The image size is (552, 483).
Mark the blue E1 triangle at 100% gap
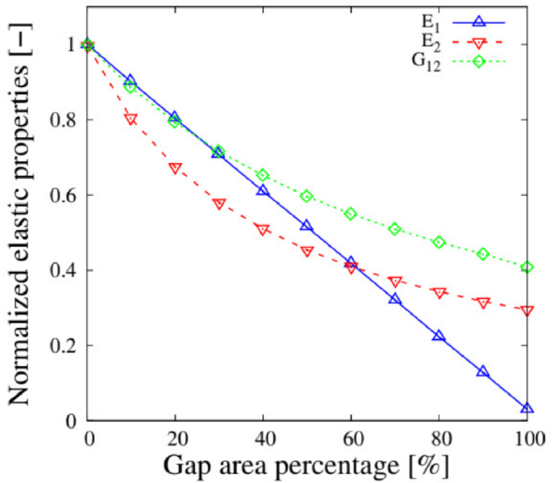coord(527,409)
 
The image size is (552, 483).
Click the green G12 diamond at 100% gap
coord(527,267)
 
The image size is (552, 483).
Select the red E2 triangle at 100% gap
coord(527,310)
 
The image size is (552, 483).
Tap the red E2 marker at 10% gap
coord(131,119)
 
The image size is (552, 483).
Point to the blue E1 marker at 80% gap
coord(439,335)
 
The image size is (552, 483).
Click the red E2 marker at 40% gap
coord(263,230)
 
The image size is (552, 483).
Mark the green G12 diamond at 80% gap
coord(439,242)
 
